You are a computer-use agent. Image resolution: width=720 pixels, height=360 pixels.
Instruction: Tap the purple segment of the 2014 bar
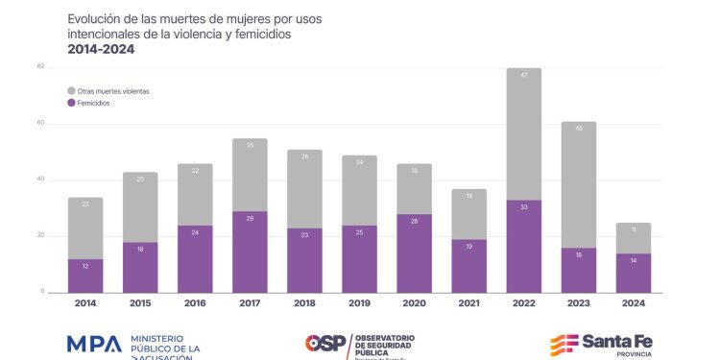point(85,276)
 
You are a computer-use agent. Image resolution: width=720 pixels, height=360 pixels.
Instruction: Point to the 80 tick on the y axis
point(40,66)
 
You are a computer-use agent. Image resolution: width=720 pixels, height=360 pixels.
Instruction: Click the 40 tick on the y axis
point(40,180)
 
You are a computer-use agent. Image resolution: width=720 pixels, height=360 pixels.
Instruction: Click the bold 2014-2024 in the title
point(101,49)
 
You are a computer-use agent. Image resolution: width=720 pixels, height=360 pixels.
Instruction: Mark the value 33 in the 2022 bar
point(524,206)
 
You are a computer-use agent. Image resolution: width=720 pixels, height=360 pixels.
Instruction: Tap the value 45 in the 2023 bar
point(579,128)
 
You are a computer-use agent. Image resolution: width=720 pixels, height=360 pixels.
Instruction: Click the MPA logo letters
point(94,344)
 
